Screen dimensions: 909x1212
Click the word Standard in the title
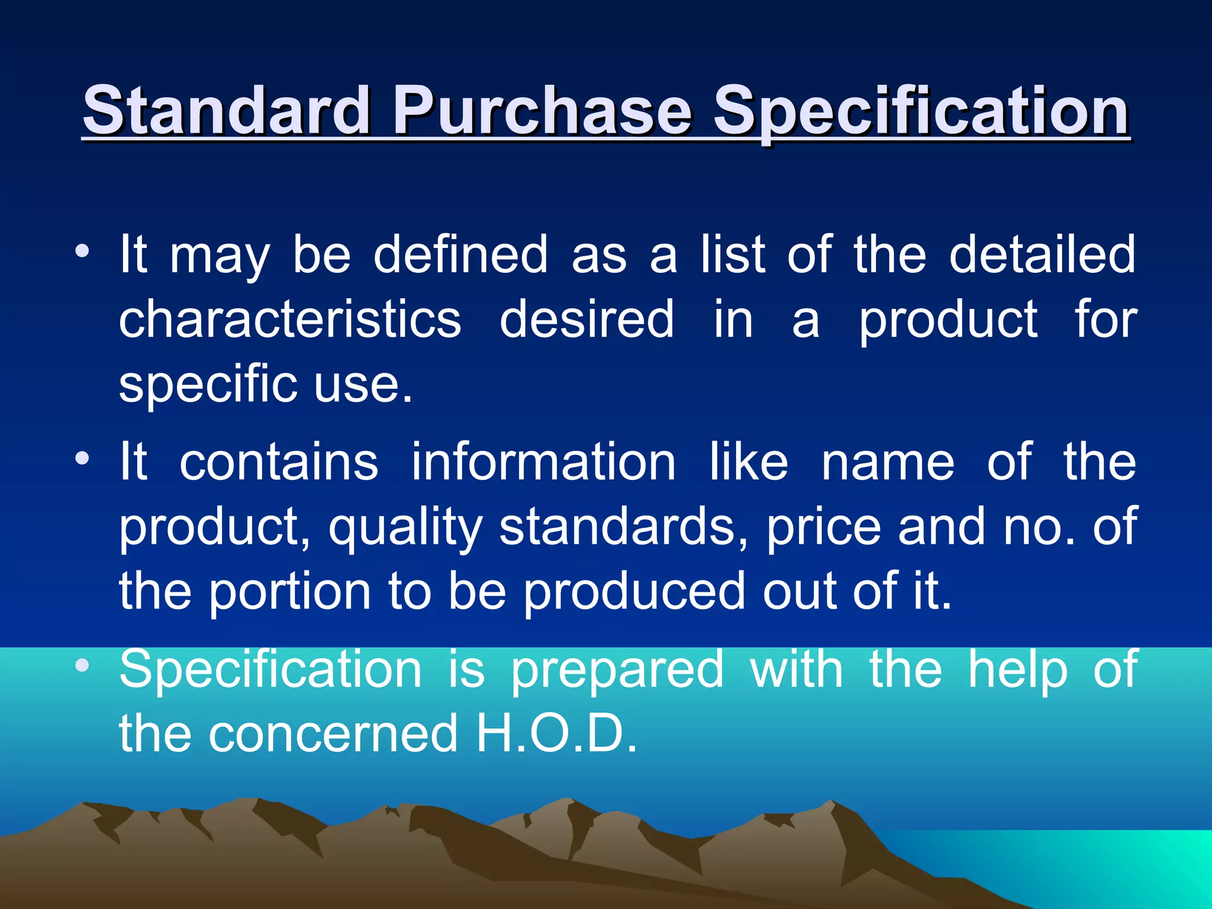coord(226,111)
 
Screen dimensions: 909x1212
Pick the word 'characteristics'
coord(290,320)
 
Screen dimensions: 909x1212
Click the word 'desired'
coord(586,320)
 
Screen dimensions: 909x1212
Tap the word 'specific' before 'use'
coord(208,385)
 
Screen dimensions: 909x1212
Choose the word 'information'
coord(543,462)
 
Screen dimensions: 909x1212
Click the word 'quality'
coord(405,528)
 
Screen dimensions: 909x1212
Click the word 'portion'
coord(290,592)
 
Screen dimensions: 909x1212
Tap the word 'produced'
coord(634,592)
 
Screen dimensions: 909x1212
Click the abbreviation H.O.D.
coord(556,734)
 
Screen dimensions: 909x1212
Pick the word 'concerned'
coord(333,734)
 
